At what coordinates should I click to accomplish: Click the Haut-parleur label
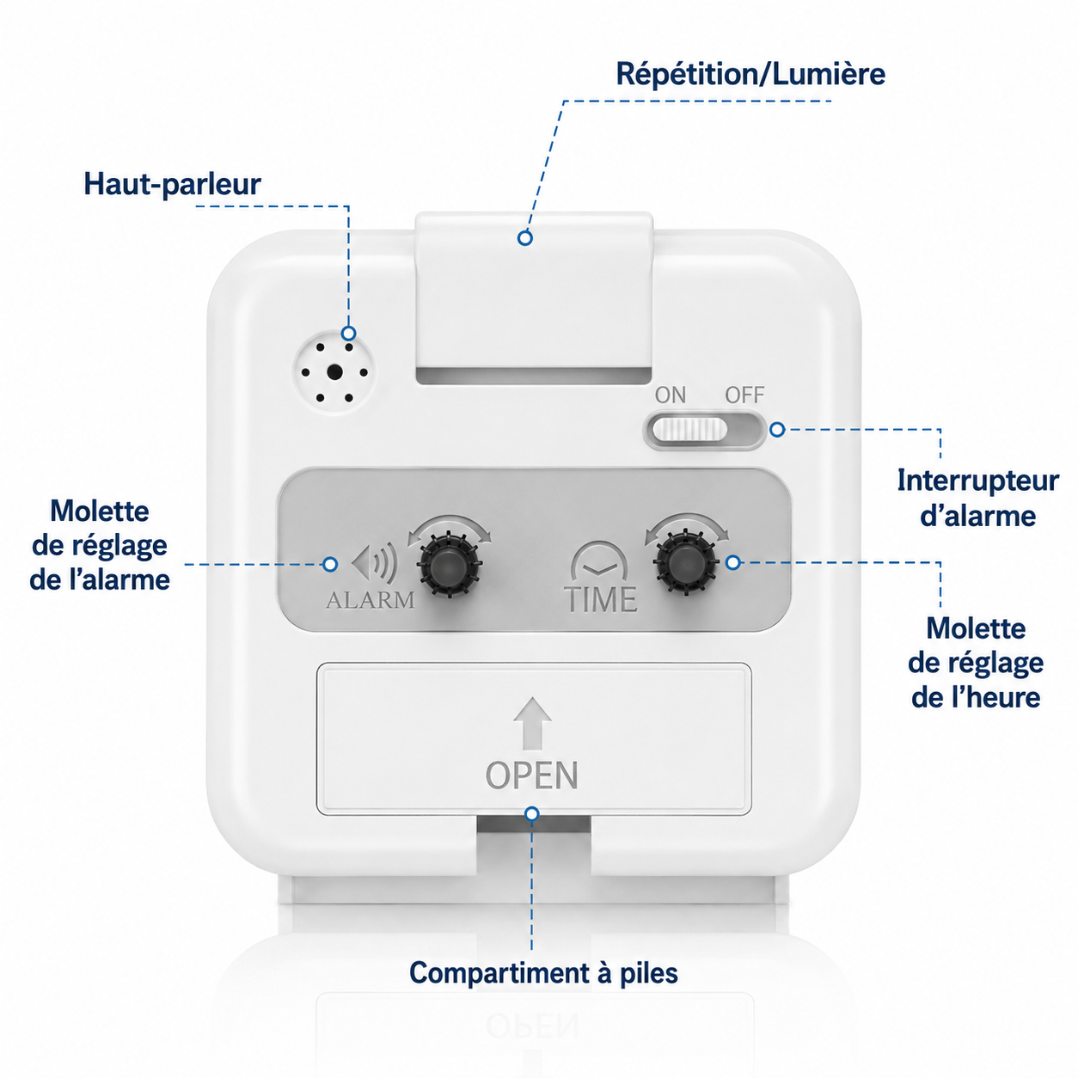coord(172,184)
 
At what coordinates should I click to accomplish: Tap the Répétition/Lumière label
coord(750,74)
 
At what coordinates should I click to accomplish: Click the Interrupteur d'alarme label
coord(978,498)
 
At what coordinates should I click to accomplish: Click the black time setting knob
coord(686,561)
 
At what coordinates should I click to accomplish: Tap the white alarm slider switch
coord(689,430)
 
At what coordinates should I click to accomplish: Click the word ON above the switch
coord(671,395)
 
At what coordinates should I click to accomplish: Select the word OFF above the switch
coord(744,395)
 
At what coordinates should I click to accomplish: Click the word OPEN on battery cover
coord(531,775)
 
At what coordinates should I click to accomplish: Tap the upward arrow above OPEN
coord(532,723)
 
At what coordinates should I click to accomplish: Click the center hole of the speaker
coord(335,371)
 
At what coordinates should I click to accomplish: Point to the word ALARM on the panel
coord(371,600)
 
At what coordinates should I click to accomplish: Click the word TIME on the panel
coord(600,600)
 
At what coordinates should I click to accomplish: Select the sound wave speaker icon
coord(375,562)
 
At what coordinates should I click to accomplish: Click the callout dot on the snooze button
coord(524,238)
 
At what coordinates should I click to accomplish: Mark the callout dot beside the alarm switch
coord(777,430)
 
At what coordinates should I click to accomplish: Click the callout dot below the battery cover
coord(532,813)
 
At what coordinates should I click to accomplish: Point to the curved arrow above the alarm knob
coord(450,518)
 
